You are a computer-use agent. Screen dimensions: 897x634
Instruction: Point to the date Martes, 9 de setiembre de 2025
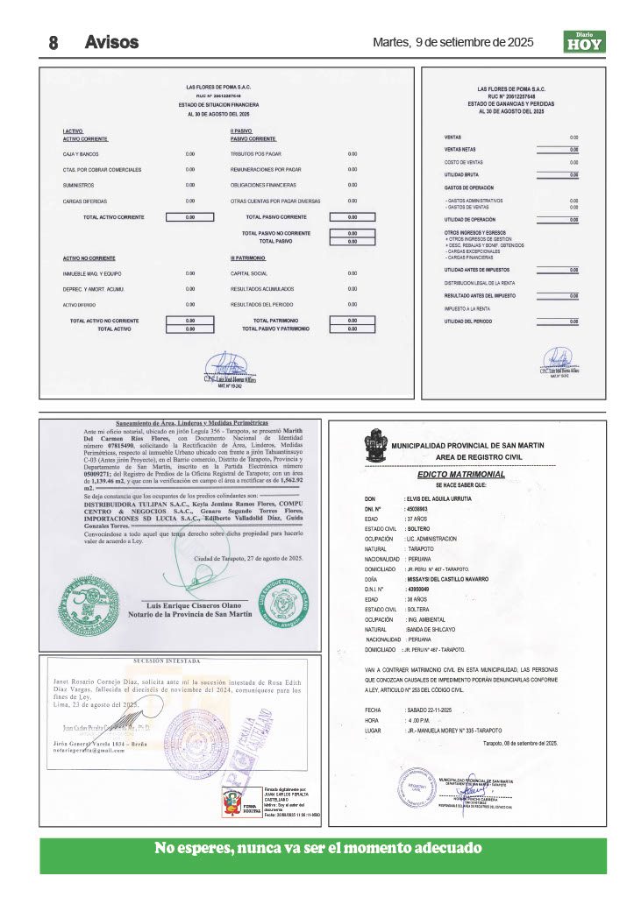tap(452, 42)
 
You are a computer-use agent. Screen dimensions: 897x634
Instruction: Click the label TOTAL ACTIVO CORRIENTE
tap(114, 216)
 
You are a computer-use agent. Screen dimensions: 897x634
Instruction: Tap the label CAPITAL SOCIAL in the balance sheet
tap(249, 274)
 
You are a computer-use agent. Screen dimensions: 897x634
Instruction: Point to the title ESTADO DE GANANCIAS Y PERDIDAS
tap(511, 104)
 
